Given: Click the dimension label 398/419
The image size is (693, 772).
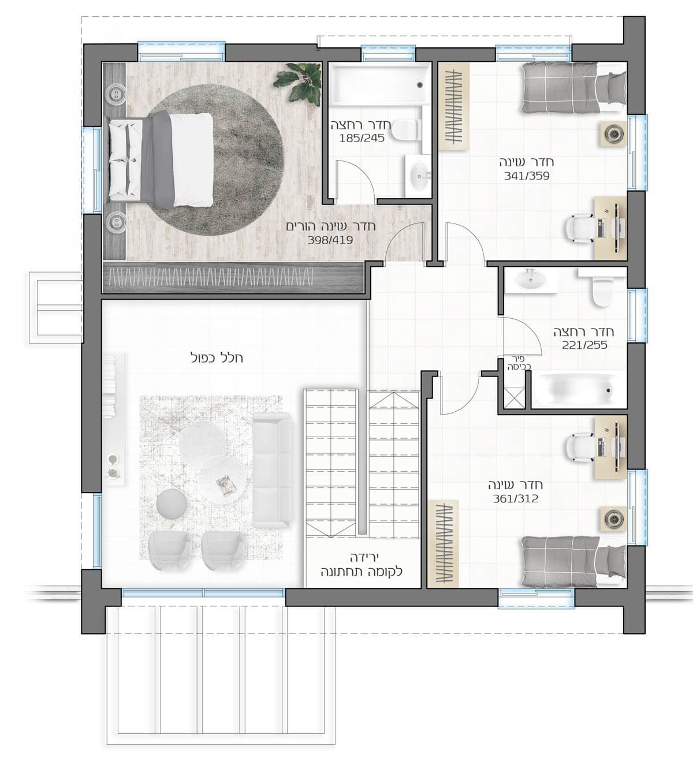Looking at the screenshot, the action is pos(330,240).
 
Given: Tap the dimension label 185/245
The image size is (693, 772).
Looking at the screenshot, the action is pos(362,138).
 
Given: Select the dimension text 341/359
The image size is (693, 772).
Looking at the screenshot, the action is pos(527,176).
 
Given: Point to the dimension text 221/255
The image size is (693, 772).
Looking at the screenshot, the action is pos(584,345).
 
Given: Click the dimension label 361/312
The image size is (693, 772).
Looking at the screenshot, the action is pos(515,498).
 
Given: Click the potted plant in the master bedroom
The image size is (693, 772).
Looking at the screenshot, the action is pos(298,82).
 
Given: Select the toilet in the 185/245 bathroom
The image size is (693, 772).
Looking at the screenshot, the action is pos(407,129).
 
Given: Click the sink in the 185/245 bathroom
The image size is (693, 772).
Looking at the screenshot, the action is pos(419,176).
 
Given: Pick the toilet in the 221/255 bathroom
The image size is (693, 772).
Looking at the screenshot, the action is pos(603,290).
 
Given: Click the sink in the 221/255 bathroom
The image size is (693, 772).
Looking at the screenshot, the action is pos(530,281).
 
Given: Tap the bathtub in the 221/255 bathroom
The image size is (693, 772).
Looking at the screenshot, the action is pos(578,389).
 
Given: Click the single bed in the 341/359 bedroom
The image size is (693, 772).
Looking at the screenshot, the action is pos(573,88).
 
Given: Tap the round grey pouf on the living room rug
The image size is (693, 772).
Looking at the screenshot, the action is pos(172,504).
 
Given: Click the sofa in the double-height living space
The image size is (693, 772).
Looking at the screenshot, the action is pos(272,470).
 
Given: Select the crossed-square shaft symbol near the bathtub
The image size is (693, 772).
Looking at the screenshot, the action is pos(513,398).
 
